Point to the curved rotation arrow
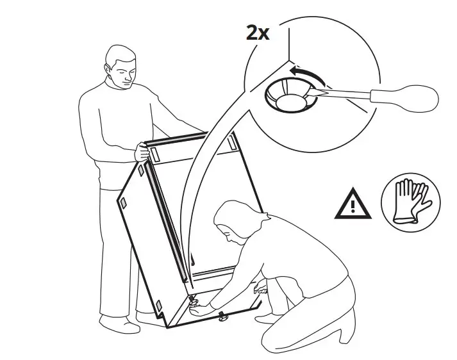304,74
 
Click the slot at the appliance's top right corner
229,146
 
